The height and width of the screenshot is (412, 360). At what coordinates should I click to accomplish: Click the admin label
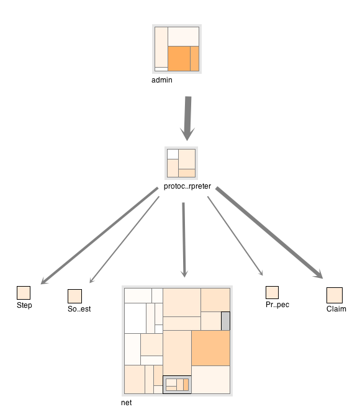coord(162,80)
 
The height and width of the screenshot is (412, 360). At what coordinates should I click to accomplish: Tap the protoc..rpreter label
coord(187,186)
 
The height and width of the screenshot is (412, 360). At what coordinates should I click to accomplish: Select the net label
coord(127,403)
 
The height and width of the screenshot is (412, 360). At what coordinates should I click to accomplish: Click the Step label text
coord(24,305)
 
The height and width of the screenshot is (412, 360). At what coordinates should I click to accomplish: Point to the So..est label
coord(79,309)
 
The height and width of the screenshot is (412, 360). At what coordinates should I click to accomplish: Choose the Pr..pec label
coord(277,305)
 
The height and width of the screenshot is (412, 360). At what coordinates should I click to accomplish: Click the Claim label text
coord(336,309)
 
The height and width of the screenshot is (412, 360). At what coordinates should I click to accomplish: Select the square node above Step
coord(24,293)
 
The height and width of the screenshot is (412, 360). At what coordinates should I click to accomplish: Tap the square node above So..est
coord(75,296)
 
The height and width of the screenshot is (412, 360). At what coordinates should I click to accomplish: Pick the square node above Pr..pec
coord(272,292)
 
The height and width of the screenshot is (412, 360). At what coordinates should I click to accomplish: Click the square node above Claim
coord(335,295)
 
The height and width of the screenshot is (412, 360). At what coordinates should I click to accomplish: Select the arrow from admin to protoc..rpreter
coord(188,119)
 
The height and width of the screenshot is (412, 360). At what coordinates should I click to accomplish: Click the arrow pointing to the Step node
coord(99,236)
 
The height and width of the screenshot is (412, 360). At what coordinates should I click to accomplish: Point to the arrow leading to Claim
coord(269,233)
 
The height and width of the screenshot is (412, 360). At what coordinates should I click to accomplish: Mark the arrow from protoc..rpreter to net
coord(184,240)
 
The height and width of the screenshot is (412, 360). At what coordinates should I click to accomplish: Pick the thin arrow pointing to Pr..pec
coord(235,236)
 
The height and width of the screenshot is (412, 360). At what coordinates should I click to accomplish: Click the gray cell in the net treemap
coord(225,321)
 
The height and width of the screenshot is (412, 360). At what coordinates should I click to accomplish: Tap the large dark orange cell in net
coord(211,348)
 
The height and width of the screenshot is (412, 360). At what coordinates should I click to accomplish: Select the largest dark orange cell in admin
coord(179,58)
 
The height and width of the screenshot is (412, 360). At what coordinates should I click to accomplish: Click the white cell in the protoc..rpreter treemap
coord(173,154)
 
